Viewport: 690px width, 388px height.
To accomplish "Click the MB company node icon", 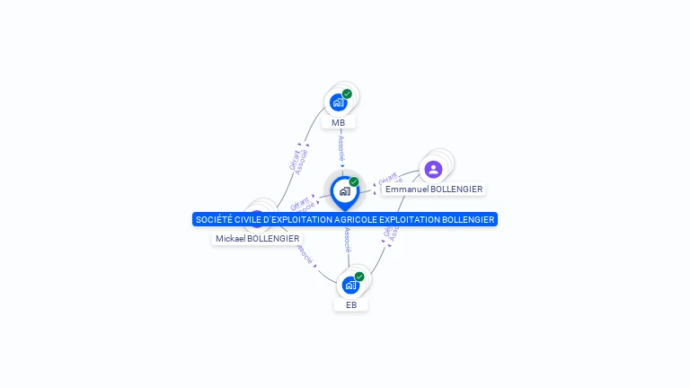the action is pos(338,102).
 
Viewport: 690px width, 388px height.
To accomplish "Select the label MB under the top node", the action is pos(338,123).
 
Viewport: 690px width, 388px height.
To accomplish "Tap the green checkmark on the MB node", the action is pos(347,93).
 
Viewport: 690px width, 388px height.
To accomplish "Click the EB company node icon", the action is pos(350,286).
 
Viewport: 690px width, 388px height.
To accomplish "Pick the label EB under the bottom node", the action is pos(351,305).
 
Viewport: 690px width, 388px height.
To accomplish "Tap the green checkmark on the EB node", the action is pos(359,277).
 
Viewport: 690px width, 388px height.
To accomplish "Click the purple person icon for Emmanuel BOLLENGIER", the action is pos(433,170).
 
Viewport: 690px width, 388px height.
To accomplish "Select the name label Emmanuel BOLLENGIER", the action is pos(434,190).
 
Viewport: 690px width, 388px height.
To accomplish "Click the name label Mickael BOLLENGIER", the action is pos(257,239).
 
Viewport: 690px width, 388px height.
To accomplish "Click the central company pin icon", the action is pos(344,191).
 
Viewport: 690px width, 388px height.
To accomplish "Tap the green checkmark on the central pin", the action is pos(354,182).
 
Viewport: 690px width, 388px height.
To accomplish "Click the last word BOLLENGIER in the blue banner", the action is pos(469,220).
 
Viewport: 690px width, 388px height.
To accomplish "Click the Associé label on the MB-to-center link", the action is pos(341,147).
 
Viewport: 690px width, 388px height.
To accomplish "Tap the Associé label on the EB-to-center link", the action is pos(347,240).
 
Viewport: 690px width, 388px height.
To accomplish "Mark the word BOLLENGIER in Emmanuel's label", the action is pos(455,190).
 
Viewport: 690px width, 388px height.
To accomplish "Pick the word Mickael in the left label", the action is pos(230,239).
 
